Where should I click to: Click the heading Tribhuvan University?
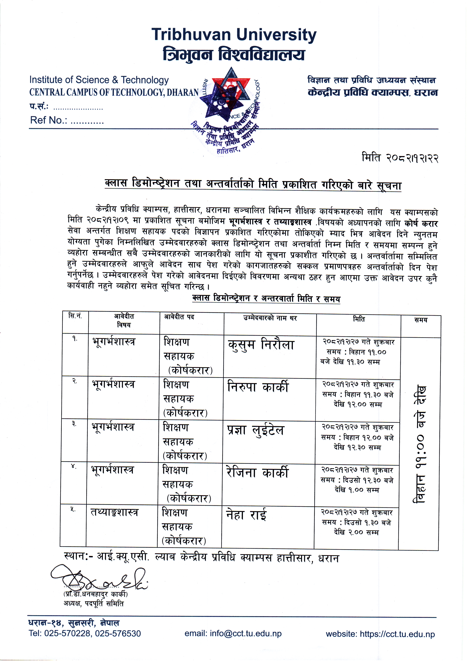click(x=234, y=35)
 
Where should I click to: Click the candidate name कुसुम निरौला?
click(x=261, y=345)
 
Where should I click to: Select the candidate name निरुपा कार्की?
click(x=258, y=387)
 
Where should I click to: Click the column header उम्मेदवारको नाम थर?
click(x=270, y=318)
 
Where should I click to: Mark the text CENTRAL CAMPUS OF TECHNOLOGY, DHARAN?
click(x=114, y=92)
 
